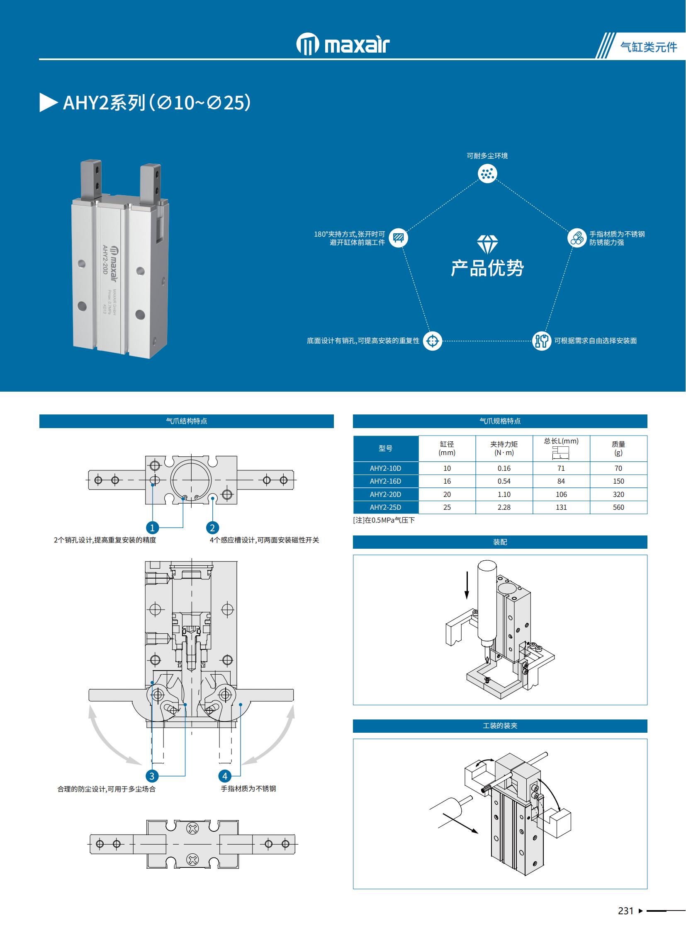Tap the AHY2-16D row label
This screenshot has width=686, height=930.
385,481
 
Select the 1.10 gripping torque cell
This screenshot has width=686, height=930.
504,494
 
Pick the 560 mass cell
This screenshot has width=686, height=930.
618,507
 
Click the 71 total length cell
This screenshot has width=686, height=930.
561,468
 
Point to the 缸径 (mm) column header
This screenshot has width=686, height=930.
447,448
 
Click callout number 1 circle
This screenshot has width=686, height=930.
152,528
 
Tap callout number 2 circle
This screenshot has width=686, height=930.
213,528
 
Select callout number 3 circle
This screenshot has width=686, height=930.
152,776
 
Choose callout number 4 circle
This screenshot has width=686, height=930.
225,776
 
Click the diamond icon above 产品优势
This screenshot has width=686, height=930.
487,245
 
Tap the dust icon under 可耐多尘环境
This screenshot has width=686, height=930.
487,174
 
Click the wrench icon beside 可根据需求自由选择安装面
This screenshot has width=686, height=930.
542,341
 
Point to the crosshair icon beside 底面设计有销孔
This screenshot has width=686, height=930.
432,341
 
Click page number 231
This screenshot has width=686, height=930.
625,911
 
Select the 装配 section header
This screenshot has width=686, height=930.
500,542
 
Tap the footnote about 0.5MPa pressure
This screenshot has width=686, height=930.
384,520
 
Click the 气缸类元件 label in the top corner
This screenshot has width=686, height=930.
648,47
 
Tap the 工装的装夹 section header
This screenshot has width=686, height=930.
500,725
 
